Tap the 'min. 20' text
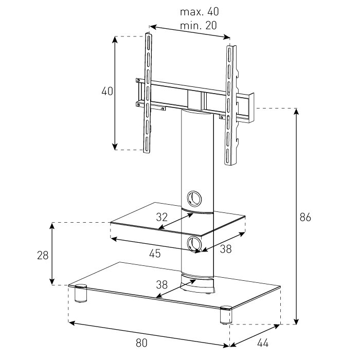[x=199, y=25]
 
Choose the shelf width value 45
[x=155, y=254]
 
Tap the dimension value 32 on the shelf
[x=161, y=217]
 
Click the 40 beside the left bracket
[x=107, y=92]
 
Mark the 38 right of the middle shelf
[x=225, y=249]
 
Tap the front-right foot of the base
[x=225, y=315]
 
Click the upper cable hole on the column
[x=194, y=198]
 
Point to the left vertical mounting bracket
[x=148, y=93]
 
